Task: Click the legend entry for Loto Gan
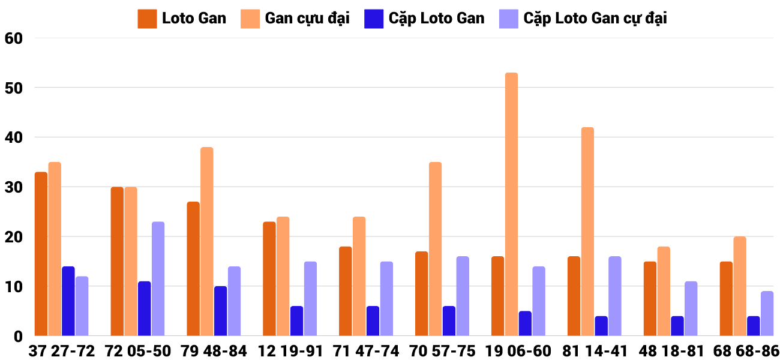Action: (193, 19)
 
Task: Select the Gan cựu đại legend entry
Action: (307, 19)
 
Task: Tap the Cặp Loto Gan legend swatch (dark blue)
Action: (373, 19)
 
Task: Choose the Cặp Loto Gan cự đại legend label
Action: (595, 19)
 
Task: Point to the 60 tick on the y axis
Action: (13, 38)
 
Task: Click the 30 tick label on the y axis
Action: (13, 187)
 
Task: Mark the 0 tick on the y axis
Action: (17, 336)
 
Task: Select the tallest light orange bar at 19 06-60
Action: (511, 204)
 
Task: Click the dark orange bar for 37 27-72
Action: (41, 254)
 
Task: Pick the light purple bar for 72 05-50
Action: (158, 279)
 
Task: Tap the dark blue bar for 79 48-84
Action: (220, 311)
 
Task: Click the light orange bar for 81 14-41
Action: (587, 232)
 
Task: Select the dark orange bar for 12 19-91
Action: (269, 279)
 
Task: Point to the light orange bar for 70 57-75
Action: (435, 249)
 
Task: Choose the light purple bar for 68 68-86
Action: (767, 313)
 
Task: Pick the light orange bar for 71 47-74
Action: (359, 276)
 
